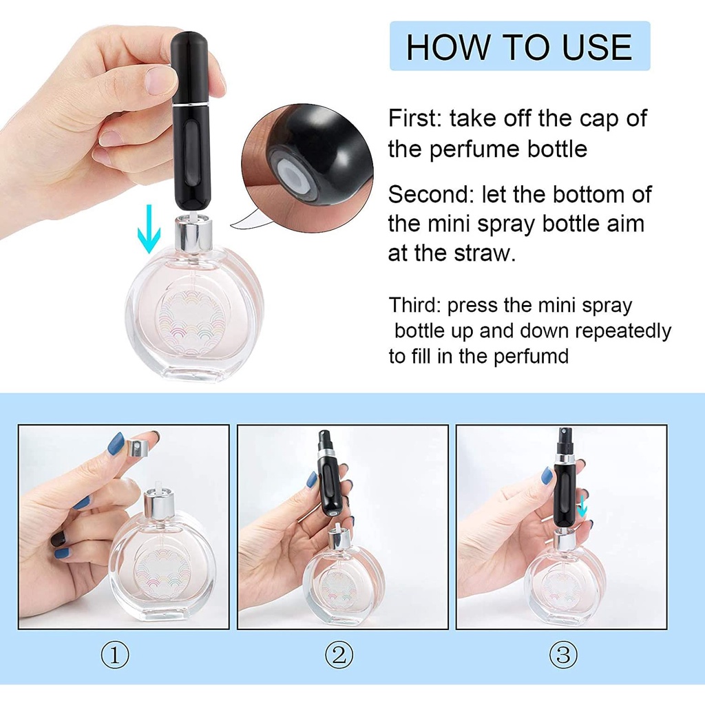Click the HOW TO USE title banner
click(520, 46)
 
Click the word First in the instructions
click(412, 118)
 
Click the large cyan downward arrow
click(149, 229)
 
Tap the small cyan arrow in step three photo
click(582, 506)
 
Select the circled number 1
click(115, 655)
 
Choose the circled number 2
click(339, 655)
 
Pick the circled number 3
click(563, 655)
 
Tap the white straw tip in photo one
click(158, 487)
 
